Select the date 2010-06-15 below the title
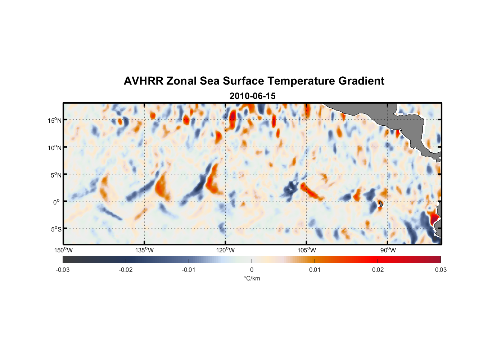pyautogui.click(x=253, y=96)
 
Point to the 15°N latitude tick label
pyautogui.click(x=55, y=121)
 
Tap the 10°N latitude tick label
pyautogui.click(x=55, y=148)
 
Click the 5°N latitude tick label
pyautogui.click(x=56, y=175)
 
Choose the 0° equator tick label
pyautogui.click(x=57, y=202)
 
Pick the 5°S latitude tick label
pyautogui.click(x=56, y=229)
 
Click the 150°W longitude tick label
pyautogui.click(x=64, y=250)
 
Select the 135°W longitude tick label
pyautogui.click(x=145, y=250)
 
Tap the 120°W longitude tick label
pyautogui.click(x=226, y=250)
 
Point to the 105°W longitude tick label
pyautogui.click(x=307, y=250)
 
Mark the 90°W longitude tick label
pyautogui.click(x=388, y=250)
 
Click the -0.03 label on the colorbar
pyautogui.click(x=63, y=270)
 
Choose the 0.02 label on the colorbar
pyautogui.click(x=378, y=270)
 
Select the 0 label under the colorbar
pyautogui.click(x=252, y=270)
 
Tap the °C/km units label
pyautogui.click(x=252, y=278)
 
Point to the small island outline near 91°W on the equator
pyautogui.click(x=380, y=204)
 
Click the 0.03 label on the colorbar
pyautogui.click(x=440, y=270)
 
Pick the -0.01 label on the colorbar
pyautogui.click(x=189, y=270)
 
